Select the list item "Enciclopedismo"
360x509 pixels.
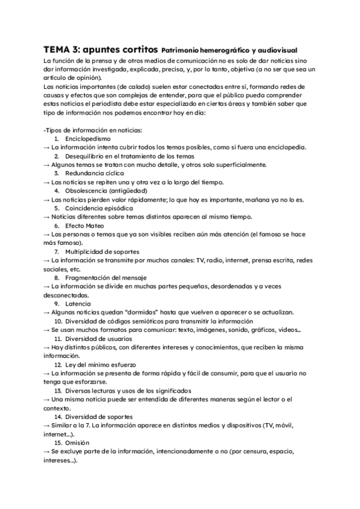[x=88, y=139]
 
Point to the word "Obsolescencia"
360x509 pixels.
[x=90, y=191]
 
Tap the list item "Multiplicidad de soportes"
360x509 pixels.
[x=102, y=251]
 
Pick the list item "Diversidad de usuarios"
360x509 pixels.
[x=98, y=339]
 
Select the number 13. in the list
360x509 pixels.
[x=58, y=391]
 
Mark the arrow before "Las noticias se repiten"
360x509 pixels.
[x=47, y=182]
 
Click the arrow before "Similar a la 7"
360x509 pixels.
[x=47, y=426]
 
